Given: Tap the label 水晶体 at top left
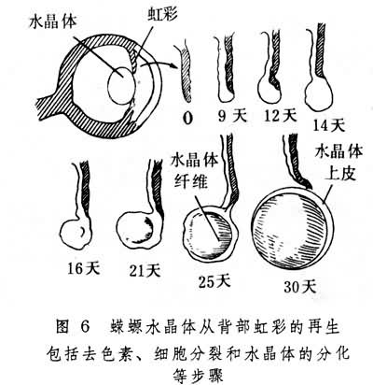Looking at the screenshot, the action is [x=53, y=21].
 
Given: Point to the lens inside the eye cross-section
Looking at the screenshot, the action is [x=121, y=86].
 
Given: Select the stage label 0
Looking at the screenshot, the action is [x=187, y=118].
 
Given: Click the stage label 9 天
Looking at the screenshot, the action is [x=231, y=116].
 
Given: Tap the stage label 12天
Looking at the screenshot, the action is [x=281, y=116].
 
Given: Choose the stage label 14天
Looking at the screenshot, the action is [x=329, y=125].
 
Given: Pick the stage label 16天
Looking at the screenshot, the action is [x=84, y=268].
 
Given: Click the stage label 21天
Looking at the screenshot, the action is [x=145, y=270].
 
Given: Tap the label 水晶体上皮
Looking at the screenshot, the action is [x=339, y=164].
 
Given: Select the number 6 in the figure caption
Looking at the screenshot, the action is [x=84, y=327].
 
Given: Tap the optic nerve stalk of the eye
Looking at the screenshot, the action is [x=53, y=105].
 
